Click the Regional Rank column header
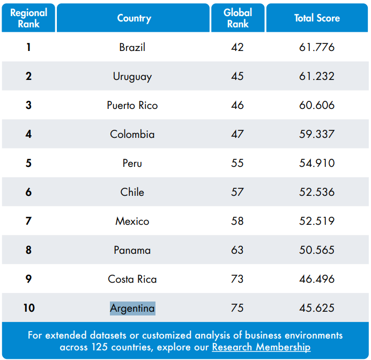pos(28,18)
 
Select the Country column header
pos(134,18)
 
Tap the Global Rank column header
pos(238,18)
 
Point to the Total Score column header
pos(317,18)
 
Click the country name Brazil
pos(132,47)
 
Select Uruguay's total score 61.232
pos(317,76)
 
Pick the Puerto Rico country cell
pos(132,105)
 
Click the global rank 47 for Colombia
pos(238,134)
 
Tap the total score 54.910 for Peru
pos(317,163)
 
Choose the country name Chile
pos(132,192)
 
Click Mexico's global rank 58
pos(238,221)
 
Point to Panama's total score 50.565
pos(317,250)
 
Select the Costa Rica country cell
pos(132,279)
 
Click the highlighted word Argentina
pos(132,308)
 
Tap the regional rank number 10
pos(28,308)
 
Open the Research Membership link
pos(261,347)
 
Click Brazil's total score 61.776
pos(317,47)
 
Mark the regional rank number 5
pos(28,163)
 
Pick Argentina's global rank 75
pos(238,308)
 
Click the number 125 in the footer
pos(102,347)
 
